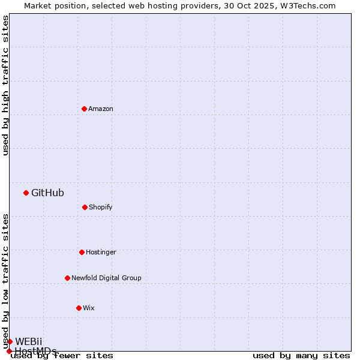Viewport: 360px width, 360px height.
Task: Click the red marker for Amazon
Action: (84, 109)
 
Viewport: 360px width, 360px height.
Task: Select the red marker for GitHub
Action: (26, 193)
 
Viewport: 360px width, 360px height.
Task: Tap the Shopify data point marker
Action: (85, 207)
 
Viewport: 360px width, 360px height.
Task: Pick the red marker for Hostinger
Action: (82, 252)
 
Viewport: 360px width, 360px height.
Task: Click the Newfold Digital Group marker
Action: (67, 278)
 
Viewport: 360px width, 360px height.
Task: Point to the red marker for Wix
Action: (79, 308)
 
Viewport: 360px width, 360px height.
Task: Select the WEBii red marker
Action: (10, 341)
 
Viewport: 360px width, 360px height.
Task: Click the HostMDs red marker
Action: (9, 351)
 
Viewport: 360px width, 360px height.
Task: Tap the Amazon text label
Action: (101, 109)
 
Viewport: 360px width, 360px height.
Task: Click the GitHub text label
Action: (47, 193)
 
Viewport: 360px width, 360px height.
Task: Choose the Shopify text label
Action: (101, 207)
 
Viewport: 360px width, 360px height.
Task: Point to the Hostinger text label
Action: (101, 252)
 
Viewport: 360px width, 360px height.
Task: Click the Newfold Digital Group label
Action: (106, 278)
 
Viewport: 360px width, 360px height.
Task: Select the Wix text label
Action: (89, 308)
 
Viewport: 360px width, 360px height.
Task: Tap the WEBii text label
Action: (29, 341)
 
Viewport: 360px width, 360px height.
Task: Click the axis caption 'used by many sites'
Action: (301, 355)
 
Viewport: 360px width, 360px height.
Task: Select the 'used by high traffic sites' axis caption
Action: (5, 85)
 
